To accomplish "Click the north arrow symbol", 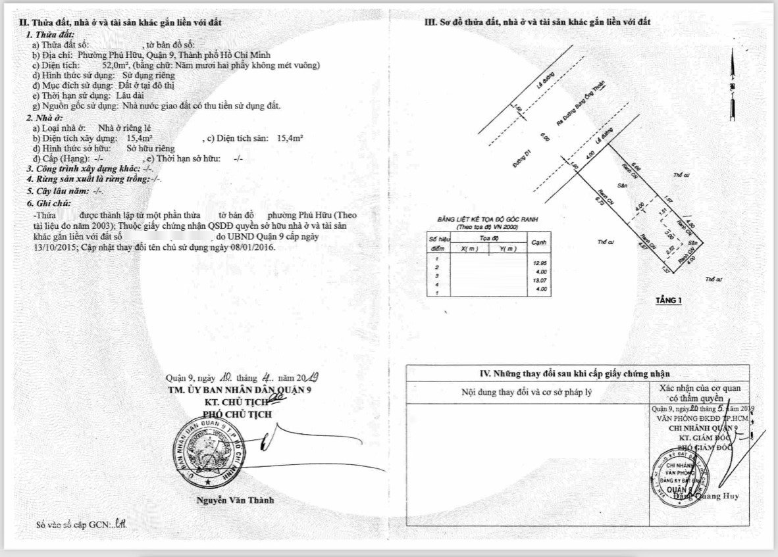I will pyautogui.click(x=731, y=79).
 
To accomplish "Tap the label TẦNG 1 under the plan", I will pyautogui.click(x=669, y=301).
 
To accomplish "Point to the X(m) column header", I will pyautogui.click(x=470, y=249).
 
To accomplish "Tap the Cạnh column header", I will pyautogui.click(x=539, y=241).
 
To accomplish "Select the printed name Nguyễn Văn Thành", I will pyautogui.click(x=235, y=500).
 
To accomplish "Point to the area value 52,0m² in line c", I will pyautogui.click(x=115, y=66).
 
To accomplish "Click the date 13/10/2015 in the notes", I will pyautogui.click(x=55, y=248).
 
